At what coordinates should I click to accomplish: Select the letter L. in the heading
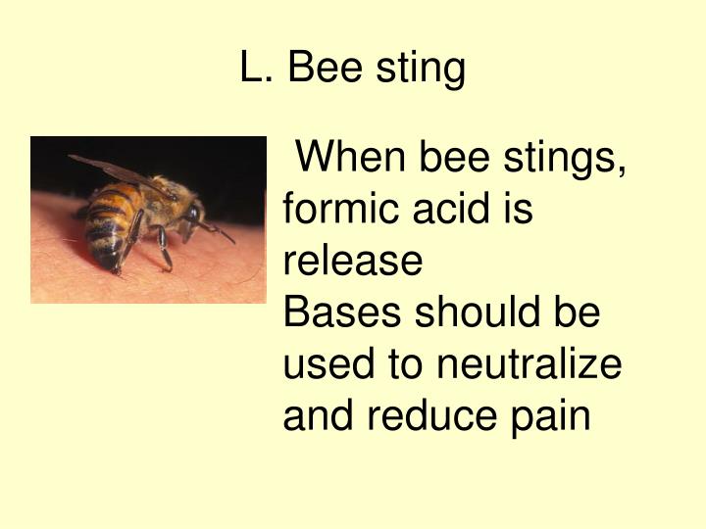click(x=258, y=69)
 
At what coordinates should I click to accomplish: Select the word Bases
click(x=342, y=313)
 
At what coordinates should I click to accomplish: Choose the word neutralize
click(x=529, y=365)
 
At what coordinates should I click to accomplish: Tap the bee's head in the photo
click(x=186, y=211)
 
